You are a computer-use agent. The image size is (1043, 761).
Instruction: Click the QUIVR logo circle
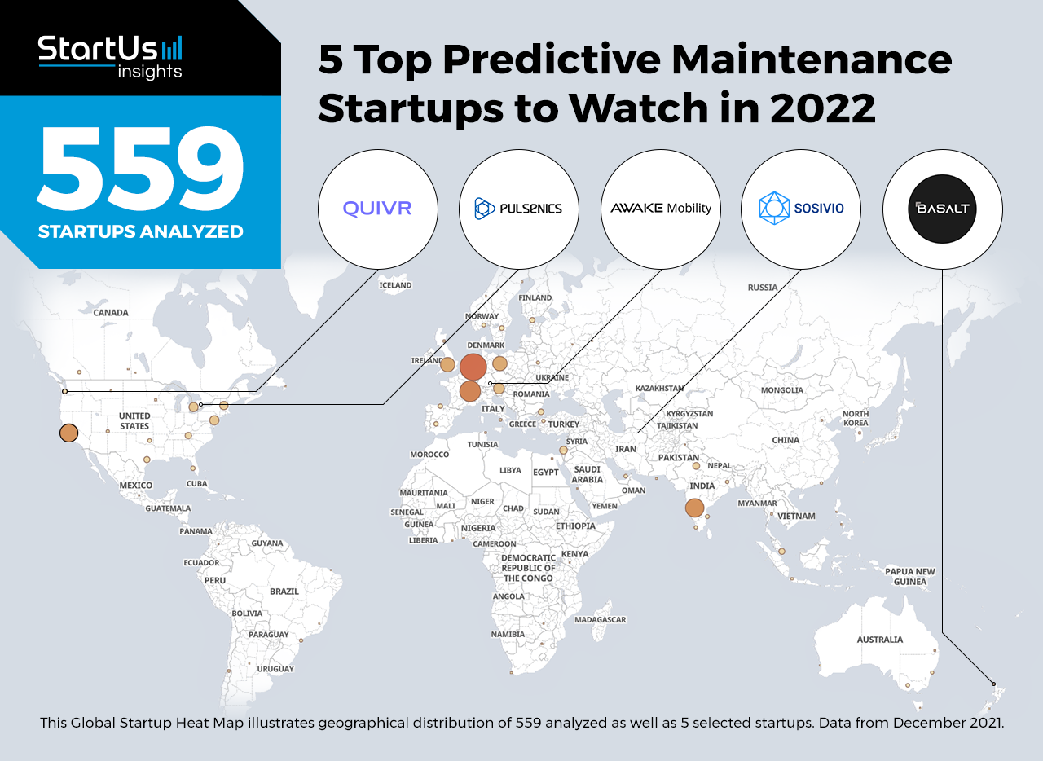[377, 209]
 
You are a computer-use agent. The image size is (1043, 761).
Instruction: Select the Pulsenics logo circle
[519, 209]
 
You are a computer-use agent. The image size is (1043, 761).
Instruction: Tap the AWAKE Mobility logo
[661, 209]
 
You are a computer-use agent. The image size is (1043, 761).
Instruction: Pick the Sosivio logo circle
[801, 209]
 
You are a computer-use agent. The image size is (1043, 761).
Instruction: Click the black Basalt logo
[943, 209]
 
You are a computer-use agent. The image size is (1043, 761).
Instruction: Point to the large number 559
[140, 168]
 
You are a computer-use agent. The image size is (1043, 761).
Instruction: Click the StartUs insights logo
[110, 57]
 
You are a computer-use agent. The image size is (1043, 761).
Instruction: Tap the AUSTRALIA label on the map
[879, 640]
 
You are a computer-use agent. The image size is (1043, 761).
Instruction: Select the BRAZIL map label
[284, 591]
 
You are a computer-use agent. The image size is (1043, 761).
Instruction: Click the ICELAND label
[395, 285]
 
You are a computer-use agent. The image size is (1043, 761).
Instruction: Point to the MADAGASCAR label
[601, 619]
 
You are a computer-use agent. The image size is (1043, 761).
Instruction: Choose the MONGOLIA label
[781, 389]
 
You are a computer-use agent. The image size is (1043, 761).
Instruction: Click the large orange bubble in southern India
[694, 508]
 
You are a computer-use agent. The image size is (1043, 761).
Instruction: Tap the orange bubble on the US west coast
[69, 433]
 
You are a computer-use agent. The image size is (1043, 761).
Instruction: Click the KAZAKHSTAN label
[659, 388]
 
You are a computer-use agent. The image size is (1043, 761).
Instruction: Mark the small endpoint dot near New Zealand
[993, 684]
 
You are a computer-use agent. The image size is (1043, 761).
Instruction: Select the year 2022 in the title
[823, 108]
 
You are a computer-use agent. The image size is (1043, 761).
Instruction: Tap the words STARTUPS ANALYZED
[141, 231]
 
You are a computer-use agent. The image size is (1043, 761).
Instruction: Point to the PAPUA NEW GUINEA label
[910, 577]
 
